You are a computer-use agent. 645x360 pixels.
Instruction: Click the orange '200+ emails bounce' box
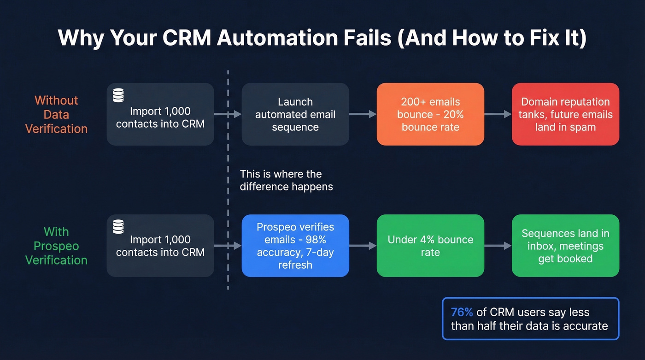click(430, 114)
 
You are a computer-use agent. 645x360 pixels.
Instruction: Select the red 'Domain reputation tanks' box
click(565, 114)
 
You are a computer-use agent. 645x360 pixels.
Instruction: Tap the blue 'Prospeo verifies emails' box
click(295, 246)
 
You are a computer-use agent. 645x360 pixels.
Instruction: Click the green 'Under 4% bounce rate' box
click(430, 246)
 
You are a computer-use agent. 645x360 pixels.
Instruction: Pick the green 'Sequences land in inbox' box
click(565, 246)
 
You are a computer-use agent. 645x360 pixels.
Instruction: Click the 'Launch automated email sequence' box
click(295, 114)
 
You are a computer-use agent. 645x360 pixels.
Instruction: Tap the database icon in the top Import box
click(118, 95)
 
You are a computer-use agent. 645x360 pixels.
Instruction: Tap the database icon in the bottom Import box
click(118, 226)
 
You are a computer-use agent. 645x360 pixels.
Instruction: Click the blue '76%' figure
click(462, 312)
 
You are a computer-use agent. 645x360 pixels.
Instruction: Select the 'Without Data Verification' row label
click(56, 114)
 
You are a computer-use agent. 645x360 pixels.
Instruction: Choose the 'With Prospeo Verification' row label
click(56, 246)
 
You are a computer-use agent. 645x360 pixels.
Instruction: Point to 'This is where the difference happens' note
click(286, 180)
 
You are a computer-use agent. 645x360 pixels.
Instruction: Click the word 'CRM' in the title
click(188, 38)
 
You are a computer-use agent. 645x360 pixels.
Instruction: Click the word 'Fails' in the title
click(366, 38)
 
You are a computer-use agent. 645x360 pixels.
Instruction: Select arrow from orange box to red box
click(498, 114)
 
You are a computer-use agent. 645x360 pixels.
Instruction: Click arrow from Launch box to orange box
click(363, 114)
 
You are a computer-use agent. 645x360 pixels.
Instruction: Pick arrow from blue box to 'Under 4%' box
click(363, 246)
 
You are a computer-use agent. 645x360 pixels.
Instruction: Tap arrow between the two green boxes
click(498, 246)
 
